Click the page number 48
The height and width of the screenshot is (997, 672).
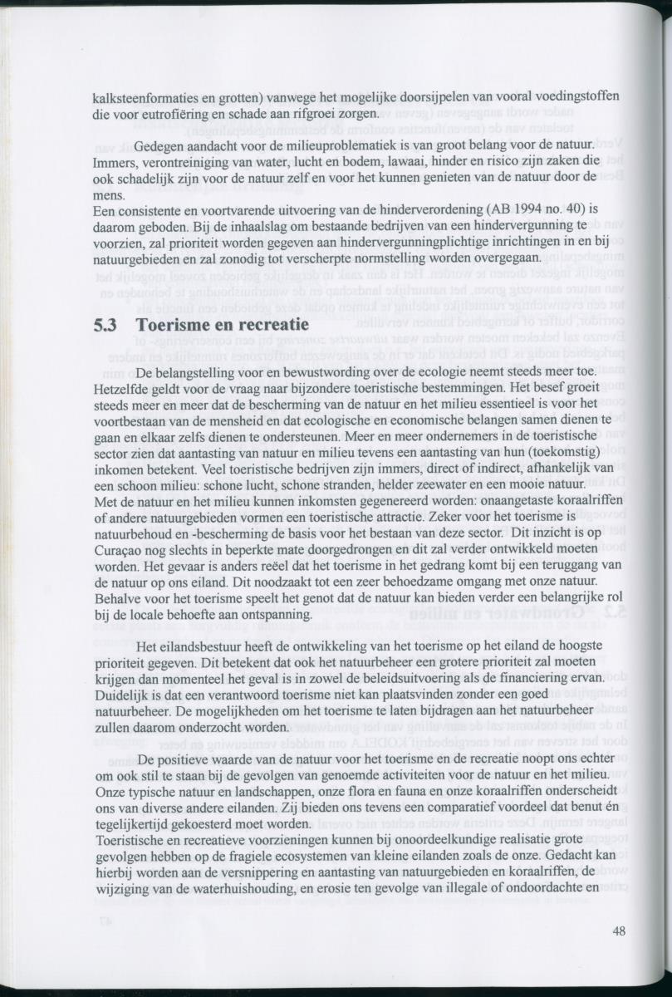click(618, 931)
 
